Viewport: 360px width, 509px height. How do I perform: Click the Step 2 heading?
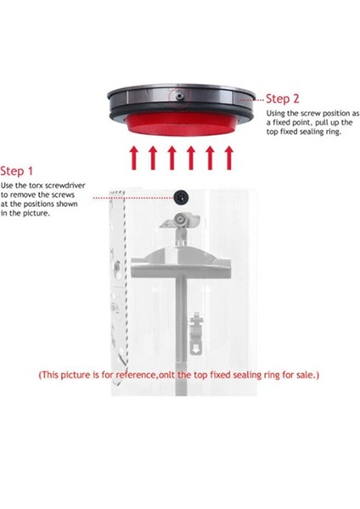(284, 98)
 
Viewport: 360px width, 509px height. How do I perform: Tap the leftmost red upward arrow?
(133, 159)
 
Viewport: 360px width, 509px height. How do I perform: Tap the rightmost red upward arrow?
(228, 159)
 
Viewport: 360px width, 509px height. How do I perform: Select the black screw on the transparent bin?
(181, 197)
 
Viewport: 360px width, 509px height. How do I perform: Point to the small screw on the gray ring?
(180, 98)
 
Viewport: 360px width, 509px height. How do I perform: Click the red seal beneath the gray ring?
(180, 126)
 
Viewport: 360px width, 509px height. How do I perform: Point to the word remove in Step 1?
(27, 194)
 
